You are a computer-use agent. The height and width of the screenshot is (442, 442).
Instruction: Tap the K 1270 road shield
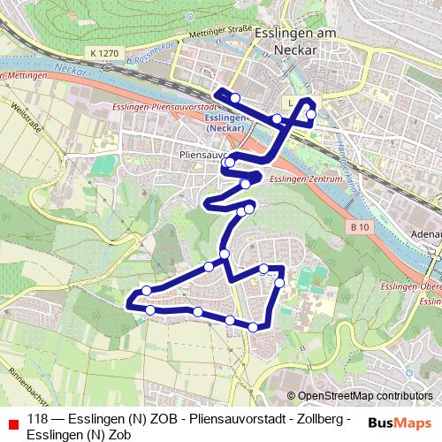click(103, 54)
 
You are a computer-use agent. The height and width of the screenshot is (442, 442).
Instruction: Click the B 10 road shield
click(358, 226)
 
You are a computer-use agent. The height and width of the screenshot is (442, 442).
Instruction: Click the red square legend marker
click(10, 420)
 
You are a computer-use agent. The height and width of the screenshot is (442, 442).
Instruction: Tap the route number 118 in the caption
click(38, 419)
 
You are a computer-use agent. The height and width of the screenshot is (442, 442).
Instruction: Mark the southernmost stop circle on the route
click(254, 327)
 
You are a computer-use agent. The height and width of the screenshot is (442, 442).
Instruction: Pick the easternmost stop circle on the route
click(311, 114)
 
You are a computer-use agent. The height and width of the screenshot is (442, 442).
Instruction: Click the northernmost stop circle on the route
click(235, 97)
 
